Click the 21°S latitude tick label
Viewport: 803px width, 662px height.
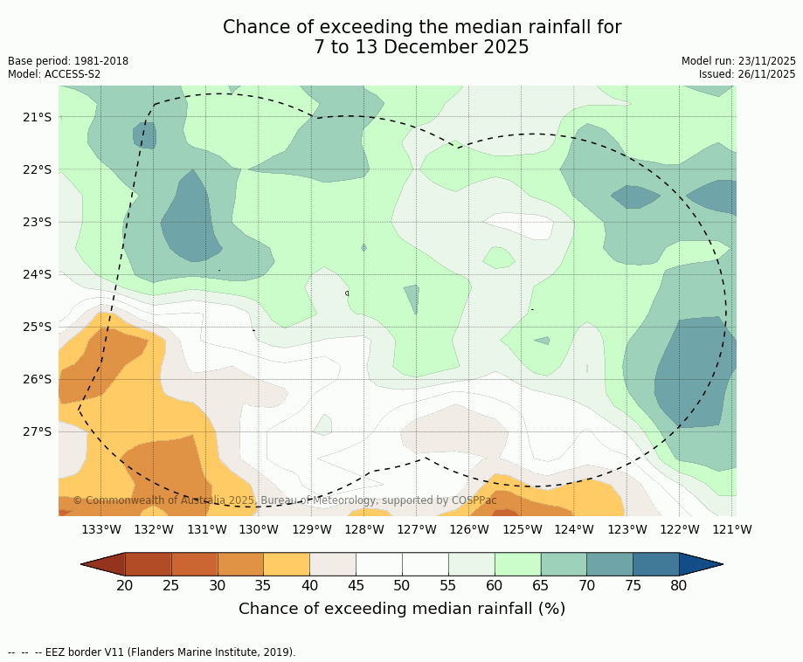(x=38, y=117)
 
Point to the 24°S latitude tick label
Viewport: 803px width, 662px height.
(x=38, y=274)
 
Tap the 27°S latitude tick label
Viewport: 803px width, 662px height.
(x=38, y=431)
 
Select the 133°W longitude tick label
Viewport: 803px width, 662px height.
(x=101, y=529)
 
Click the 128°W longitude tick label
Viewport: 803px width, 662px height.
(x=364, y=529)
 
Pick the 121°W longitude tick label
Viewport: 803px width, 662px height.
(x=732, y=529)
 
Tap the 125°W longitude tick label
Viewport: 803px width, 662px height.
(x=523, y=529)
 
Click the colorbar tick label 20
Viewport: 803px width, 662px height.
(x=125, y=585)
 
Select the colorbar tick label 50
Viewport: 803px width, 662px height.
(x=402, y=585)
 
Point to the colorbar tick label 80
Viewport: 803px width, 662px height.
(x=679, y=585)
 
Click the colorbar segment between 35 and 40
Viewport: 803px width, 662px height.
(x=287, y=564)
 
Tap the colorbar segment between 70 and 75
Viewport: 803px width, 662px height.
(x=609, y=564)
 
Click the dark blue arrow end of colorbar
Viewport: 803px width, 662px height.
(x=700, y=564)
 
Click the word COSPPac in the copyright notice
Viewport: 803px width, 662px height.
(x=474, y=500)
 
